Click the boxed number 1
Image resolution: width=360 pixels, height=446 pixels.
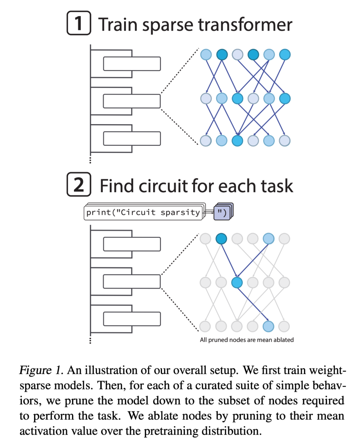pyautogui.click(x=79, y=23)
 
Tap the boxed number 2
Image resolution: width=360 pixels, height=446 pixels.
pyautogui.click(x=79, y=184)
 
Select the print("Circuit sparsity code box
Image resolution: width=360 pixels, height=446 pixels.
pyautogui.click(x=143, y=212)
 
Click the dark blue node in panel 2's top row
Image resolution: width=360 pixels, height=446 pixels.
pyautogui.click(x=221, y=239)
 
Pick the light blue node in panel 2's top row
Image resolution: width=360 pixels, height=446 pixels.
pyautogui.click(x=268, y=239)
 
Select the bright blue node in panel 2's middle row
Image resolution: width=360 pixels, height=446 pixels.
pyautogui.click(x=237, y=283)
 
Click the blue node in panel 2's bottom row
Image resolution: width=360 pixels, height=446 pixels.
pyautogui.click(x=268, y=326)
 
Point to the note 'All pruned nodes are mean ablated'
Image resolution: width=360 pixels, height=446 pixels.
pyautogui.click(x=247, y=340)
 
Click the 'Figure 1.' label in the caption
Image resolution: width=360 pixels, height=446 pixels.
pyautogui.click(x=41, y=370)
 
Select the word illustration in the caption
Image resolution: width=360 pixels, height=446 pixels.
pyautogui.click(x=111, y=370)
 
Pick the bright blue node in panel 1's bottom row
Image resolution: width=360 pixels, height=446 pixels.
pyautogui.click(x=237, y=141)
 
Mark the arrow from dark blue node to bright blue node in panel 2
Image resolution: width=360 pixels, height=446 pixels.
pyautogui.click(x=229, y=260)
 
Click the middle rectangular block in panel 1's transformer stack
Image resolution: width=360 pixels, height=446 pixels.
pyautogui.click(x=132, y=101)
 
